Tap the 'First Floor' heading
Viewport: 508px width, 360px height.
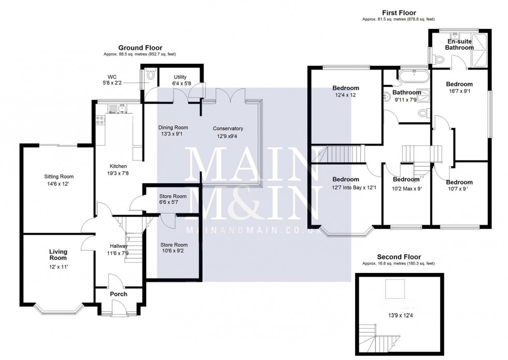[399, 13]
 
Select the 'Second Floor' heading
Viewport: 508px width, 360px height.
[399, 257]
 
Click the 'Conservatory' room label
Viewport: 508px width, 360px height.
[228, 128]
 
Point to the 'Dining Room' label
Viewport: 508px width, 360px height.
[173, 127]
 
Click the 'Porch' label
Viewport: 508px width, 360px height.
[118, 294]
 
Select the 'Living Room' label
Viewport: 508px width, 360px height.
[58, 255]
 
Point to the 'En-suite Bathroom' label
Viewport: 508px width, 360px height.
[459, 44]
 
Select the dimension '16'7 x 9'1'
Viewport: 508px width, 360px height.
[459, 93]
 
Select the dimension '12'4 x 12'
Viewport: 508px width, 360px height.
[345, 95]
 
